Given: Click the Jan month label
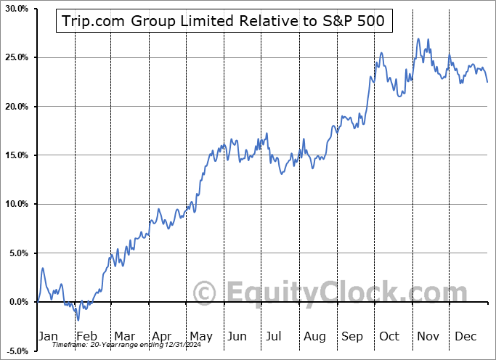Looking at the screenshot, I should [x=47, y=336].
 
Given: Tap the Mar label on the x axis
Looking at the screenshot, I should [x=124, y=336].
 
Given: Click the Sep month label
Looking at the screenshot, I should [x=351, y=336].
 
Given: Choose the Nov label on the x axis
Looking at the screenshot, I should [x=428, y=336].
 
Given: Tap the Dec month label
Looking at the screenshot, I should [x=465, y=336].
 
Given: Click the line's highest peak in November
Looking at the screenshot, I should [x=419, y=39].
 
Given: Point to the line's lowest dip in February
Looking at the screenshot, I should [x=78, y=319].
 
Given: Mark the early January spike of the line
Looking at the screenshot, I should [x=43, y=269].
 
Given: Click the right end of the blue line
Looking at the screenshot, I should [x=487, y=82].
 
